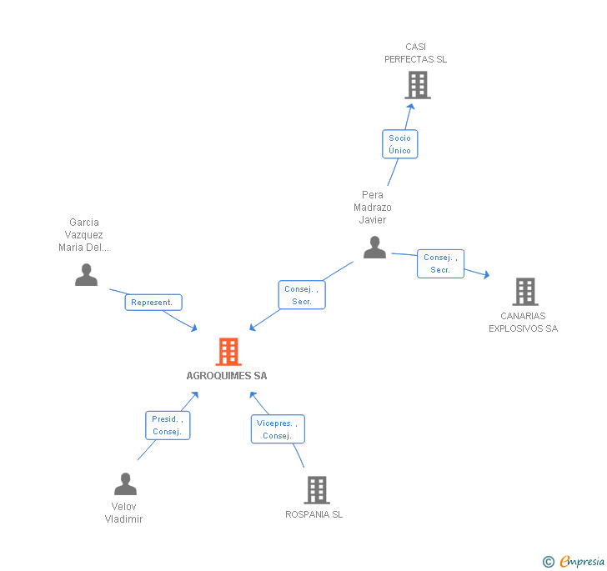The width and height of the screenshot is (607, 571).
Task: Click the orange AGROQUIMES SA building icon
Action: coord(228,352)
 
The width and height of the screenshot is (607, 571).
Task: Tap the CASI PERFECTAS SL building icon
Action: coord(417,84)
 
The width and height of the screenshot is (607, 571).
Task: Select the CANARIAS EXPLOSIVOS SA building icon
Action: coord(524,292)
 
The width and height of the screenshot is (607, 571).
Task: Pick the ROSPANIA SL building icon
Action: coord(317,489)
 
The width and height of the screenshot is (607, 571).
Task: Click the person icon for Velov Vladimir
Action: coord(125,484)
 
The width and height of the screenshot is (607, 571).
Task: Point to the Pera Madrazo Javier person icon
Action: coord(374,248)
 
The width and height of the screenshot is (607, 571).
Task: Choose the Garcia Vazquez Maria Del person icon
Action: coord(86,275)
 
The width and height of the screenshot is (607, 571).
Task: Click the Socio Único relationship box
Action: coord(399,144)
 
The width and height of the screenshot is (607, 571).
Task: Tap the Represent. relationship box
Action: coord(153,303)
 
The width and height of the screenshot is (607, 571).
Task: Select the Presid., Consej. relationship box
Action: coord(168,425)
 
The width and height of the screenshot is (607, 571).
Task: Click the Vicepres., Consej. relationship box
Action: coord(278,429)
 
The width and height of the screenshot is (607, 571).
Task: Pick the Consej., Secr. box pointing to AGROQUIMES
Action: coord(301,295)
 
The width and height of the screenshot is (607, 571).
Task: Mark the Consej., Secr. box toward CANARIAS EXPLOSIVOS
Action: coord(440,263)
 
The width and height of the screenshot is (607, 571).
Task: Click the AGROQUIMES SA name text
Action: coord(227,376)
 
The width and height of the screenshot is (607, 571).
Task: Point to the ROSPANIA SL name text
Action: coord(314,514)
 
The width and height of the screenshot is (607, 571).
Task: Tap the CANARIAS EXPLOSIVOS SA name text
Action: coord(523,322)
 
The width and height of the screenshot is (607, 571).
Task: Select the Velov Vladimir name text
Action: coord(123,513)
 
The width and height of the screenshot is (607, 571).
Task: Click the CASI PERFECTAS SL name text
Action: coord(415,53)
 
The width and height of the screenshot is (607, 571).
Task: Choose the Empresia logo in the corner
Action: coord(574,561)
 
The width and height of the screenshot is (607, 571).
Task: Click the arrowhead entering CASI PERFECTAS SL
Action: coord(410,106)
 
